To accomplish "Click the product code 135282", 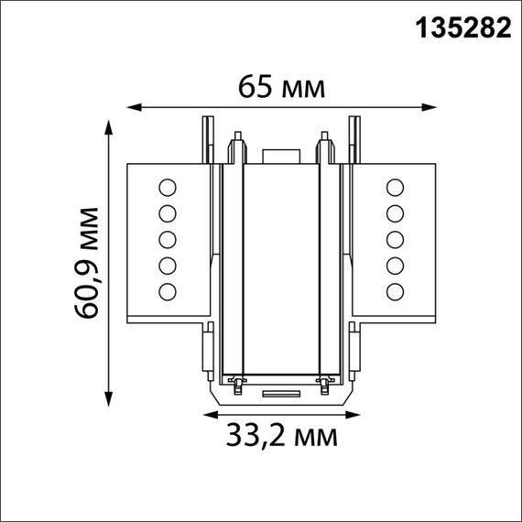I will click(463, 29).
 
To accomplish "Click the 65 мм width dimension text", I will click(281, 88).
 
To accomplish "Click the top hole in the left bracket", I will click(167, 189).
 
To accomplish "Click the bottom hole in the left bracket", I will click(167, 292).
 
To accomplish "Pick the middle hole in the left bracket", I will click(167, 240).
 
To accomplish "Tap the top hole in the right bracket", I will click(396, 189).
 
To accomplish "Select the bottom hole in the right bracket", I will click(396, 292).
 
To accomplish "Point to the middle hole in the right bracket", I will click(396, 240).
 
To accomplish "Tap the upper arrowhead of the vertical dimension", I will click(110, 125).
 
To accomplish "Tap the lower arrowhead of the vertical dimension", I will click(110, 398).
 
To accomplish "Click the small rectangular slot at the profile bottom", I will click(280, 394).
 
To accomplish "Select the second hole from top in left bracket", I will click(167, 214).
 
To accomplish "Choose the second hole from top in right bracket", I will click(396, 214).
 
